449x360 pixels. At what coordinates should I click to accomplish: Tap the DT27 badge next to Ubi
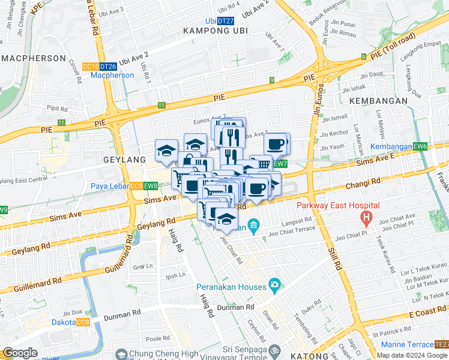point(225,20)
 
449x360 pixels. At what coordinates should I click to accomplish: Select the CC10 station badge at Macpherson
point(91,67)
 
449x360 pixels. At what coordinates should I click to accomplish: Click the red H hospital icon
point(364,217)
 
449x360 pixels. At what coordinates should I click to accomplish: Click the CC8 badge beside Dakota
point(83,323)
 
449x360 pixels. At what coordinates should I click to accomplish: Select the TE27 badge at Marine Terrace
point(441,344)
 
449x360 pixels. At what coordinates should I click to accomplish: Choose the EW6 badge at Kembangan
point(420,147)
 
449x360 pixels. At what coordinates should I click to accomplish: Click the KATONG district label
point(292,356)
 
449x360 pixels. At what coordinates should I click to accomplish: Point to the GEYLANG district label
point(124,160)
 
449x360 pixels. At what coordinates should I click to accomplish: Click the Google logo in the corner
point(20,353)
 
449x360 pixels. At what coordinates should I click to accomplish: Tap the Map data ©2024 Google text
point(412,355)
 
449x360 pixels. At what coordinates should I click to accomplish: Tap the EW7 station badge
point(280,164)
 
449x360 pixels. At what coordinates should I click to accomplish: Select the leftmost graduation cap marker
point(166,151)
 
